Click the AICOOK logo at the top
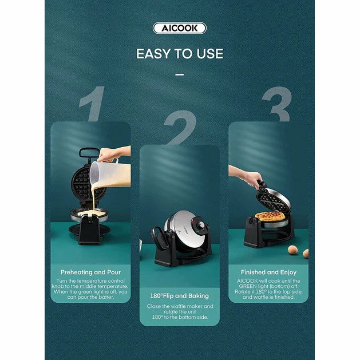coord(180,28)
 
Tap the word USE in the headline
coord(209,54)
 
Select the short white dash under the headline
coord(180,74)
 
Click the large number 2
coord(180,128)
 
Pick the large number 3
coord(278,104)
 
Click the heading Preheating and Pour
coord(90,272)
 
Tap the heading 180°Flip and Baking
coord(179,296)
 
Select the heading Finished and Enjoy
coord(268,272)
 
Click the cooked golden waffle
coord(270,216)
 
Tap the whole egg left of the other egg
coord(292,250)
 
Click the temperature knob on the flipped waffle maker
coord(201,225)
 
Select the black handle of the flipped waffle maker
coord(160,237)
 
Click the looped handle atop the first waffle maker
coord(89,152)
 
